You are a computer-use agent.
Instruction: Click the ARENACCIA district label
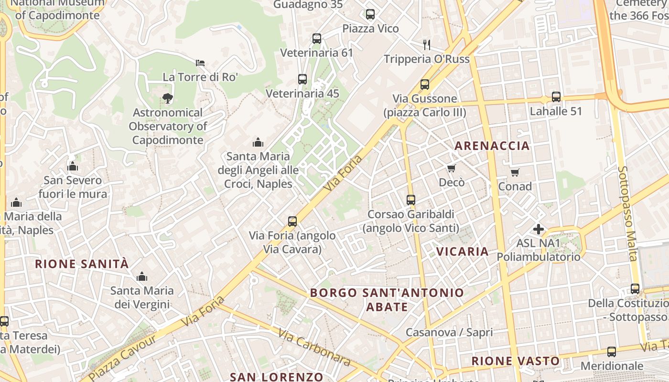[x=492, y=146]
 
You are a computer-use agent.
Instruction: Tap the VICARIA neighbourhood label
[x=462, y=251]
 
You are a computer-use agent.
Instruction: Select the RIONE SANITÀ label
[x=82, y=264]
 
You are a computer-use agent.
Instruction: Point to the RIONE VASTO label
[x=515, y=361]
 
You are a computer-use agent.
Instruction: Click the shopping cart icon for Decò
[x=451, y=168]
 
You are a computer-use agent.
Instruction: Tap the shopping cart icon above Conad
[x=515, y=172]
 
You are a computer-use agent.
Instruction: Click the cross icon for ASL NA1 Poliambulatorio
[x=539, y=229]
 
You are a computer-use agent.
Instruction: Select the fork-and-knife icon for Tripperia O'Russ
[x=427, y=45]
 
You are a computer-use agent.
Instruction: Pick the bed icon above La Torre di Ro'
[x=200, y=63]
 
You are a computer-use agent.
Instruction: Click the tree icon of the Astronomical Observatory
[x=167, y=98]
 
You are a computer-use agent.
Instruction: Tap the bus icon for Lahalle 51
[x=556, y=97]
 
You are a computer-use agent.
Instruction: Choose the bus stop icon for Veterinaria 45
[x=302, y=79]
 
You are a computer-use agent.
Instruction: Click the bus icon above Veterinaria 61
[x=316, y=39]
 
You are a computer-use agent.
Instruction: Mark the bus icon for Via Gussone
[x=425, y=85]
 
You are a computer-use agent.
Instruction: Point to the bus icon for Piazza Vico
[x=370, y=14]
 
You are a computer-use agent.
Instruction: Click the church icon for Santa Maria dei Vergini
[x=141, y=276]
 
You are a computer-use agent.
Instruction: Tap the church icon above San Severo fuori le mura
[x=73, y=166]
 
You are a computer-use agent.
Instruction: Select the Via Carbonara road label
[x=314, y=348]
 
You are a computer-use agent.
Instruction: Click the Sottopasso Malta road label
[x=628, y=213]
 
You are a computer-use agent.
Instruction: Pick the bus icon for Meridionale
[x=612, y=352]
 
